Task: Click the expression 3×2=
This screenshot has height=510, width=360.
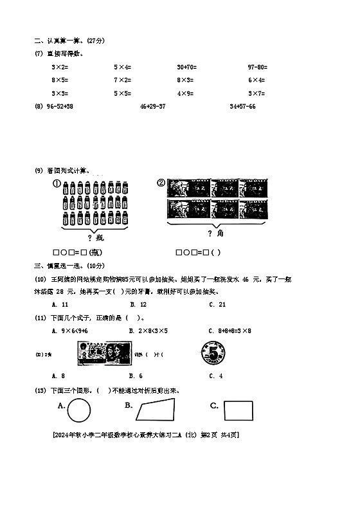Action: click(60, 67)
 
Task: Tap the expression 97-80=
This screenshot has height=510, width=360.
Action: click(257, 67)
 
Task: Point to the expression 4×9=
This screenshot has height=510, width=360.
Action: click(185, 93)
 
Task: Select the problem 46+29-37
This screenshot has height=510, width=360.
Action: click(152, 106)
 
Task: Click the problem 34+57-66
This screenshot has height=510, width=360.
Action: click(242, 106)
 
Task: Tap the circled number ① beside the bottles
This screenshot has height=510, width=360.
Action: click(57, 183)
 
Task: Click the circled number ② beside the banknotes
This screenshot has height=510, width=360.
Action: click(161, 183)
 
